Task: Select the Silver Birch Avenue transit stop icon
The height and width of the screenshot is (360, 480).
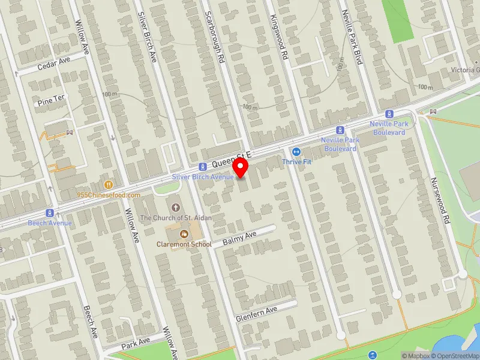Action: pos(203,166)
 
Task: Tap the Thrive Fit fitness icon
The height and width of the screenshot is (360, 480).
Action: pos(295,151)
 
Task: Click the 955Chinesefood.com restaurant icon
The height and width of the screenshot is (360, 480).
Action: pos(109,185)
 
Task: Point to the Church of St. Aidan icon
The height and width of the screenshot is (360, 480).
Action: pos(175,207)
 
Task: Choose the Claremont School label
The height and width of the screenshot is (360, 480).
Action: pos(184,244)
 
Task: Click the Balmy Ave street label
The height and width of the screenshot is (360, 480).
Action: pos(239,238)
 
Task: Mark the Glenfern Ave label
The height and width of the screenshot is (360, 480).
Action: pos(256,313)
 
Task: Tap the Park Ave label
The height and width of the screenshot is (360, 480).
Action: pos(134,344)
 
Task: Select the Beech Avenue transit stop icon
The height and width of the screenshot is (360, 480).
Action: pos(49,213)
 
